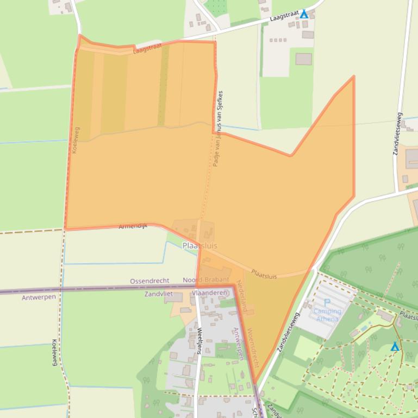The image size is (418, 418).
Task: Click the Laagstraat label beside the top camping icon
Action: pyautogui.click(x=284, y=17)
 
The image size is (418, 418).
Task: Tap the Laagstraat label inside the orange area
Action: pyautogui.click(x=147, y=50)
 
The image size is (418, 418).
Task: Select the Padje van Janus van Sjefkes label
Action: pyautogui.click(x=218, y=128)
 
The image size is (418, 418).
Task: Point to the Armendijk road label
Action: pyautogui.click(x=133, y=225)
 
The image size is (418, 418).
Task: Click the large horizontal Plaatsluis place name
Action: pyautogui.click(x=199, y=246)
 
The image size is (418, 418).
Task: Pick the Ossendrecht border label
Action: pyautogui.click(x=149, y=281)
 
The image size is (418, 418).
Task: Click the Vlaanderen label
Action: pyautogui.click(x=209, y=293)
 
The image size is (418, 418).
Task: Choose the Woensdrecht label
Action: pyautogui.click(x=253, y=347)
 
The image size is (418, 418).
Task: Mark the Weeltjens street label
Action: pyautogui.click(x=199, y=340)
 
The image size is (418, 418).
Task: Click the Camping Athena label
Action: pyautogui.click(x=327, y=315)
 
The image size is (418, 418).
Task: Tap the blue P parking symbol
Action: pyautogui.click(x=327, y=303)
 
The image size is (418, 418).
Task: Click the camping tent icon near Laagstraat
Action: pyautogui.click(x=304, y=14)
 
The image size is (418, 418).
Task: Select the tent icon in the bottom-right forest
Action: pyautogui.click(x=395, y=346)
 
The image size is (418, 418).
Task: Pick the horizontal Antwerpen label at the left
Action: pyautogui.click(x=39, y=297)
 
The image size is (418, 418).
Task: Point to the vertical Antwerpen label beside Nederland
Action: pyautogui.click(x=238, y=343)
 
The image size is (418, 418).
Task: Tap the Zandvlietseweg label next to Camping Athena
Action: pyautogui.click(x=288, y=332)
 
